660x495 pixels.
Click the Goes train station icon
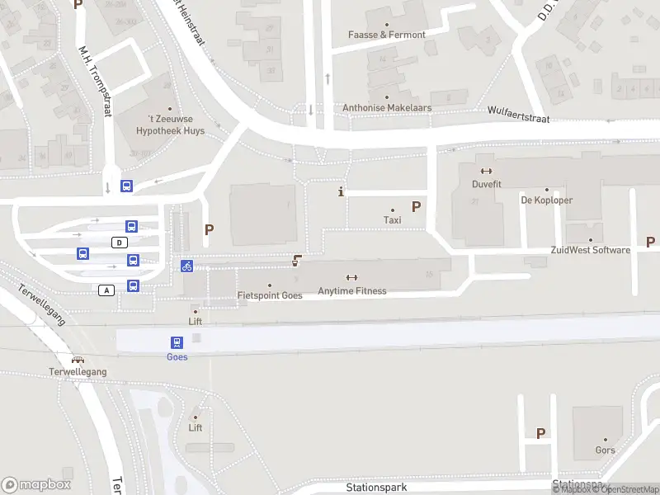pos(177,342)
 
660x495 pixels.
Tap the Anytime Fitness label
pos(351,290)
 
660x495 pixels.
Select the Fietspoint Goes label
pos(270,295)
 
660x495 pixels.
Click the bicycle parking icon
pos(187,266)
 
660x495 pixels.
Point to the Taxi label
pos(393,219)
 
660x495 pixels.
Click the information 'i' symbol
pos(342,192)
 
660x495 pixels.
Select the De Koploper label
pos(546,200)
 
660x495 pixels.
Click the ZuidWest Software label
pos(589,250)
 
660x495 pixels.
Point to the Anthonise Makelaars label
pos(387,108)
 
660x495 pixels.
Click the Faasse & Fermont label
pos(387,35)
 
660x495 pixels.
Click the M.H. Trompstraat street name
pos(94,79)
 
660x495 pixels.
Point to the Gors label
pos(605,450)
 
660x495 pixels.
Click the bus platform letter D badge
pos(120,242)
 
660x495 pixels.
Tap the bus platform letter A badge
pos(106,290)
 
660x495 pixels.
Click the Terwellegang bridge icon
pos(78,360)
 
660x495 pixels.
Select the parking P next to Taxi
pos(417,207)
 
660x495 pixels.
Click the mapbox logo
pos(36,485)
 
